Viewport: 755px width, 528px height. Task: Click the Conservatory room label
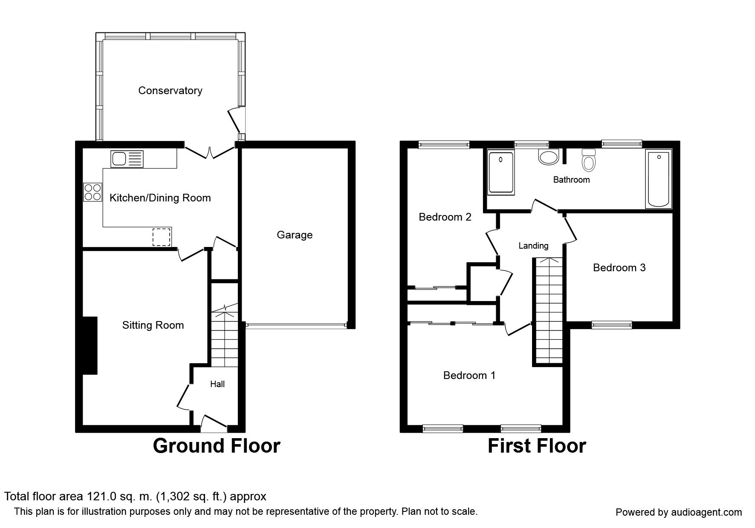tap(170, 90)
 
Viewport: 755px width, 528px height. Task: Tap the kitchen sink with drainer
tap(127, 159)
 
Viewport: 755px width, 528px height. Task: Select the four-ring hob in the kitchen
tap(93, 192)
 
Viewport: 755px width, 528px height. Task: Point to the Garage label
tap(295, 235)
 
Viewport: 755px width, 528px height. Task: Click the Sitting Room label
tap(153, 325)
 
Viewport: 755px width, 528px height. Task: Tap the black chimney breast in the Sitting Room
tap(90, 345)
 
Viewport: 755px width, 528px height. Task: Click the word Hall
tap(217, 384)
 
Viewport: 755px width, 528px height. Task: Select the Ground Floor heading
tap(217, 446)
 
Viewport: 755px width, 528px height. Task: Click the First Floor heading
tap(537, 446)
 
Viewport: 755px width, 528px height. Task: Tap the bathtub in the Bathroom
tap(658, 179)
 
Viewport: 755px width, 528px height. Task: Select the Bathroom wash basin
tap(548, 157)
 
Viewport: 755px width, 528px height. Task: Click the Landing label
tap(533, 246)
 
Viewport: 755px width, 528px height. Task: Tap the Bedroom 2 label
tap(445, 217)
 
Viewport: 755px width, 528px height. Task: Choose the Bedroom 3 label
tap(619, 267)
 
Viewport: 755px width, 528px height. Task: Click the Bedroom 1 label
tap(469, 375)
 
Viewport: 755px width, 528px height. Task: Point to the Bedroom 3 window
tap(612, 325)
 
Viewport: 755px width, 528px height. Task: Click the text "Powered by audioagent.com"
tap(679, 512)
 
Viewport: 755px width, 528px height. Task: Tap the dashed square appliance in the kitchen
tap(162, 237)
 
